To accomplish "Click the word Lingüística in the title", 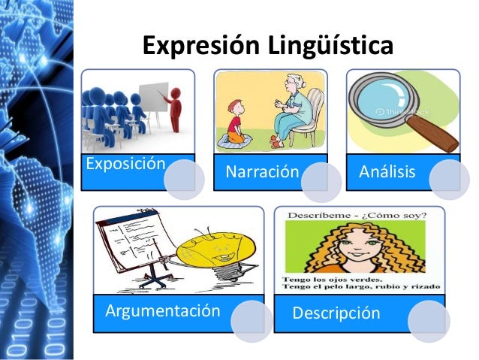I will [327, 46].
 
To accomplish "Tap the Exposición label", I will [125, 164].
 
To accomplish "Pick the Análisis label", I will [387, 172].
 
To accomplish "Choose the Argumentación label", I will [163, 310].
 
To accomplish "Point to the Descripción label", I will [337, 313].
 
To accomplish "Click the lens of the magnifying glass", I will [383, 97].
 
